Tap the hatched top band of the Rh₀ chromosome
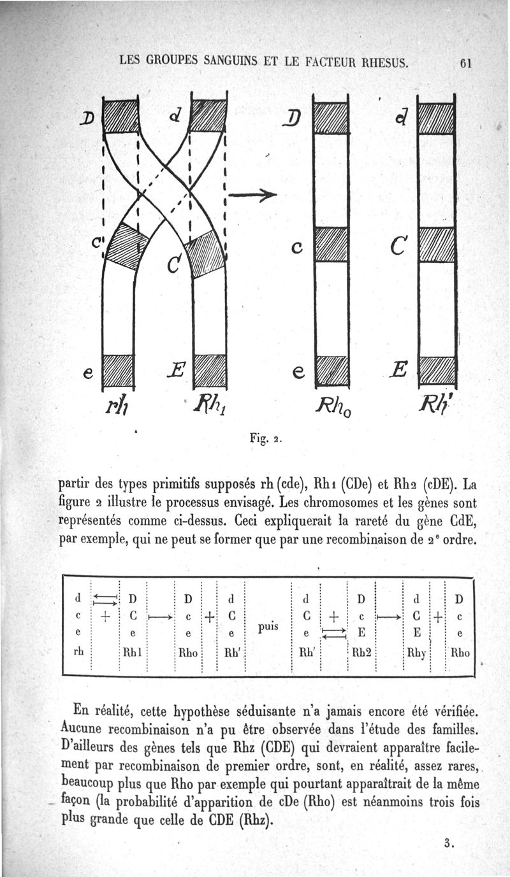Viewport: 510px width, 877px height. coord(331,117)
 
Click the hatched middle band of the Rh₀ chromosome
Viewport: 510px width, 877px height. coord(331,245)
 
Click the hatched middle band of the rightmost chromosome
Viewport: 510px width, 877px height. coord(436,245)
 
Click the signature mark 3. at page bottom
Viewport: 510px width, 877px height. coord(449,845)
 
